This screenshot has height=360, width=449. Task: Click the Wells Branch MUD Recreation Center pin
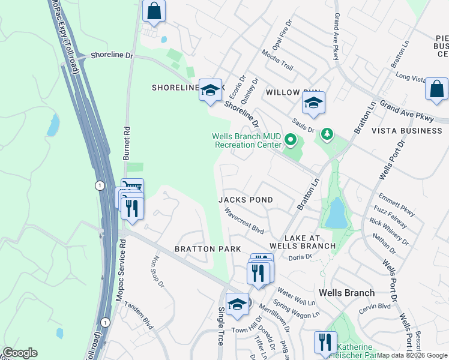click(x=291, y=141)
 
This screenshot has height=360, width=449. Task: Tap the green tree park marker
click(x=327, y=133)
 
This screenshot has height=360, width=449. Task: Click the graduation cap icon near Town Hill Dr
click(x=238, y=304)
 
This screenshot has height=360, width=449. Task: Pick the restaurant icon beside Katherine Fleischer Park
click(x=325, y=343)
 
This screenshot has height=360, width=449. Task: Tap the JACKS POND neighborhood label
click(x=246, y=200)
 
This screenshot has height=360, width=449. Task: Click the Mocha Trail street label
click(x=277, y=60)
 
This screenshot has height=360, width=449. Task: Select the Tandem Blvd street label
click(x=138, y=316)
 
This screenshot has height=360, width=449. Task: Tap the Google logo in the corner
click(x=20, y=353)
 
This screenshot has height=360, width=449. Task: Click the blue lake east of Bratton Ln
click(x=337, y=213)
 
